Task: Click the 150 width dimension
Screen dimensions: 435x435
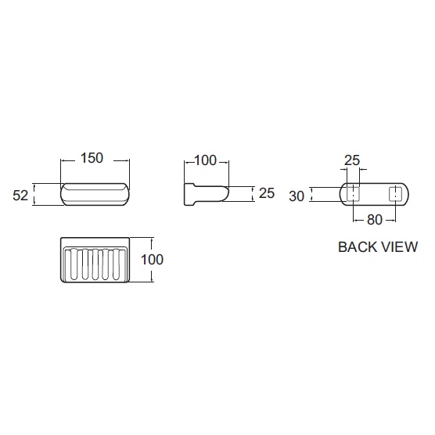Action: click(x=92, y=158)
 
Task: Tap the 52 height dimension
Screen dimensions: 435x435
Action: click(x=20, y=196)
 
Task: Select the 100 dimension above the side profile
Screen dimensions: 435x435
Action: click(x=205, y=160)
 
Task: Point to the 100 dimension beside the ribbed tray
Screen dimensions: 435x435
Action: click(x=152, y=260)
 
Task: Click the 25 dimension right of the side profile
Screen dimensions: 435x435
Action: click(x=267, y=193)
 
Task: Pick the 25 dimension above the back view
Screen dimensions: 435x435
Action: click(x=352, y=160)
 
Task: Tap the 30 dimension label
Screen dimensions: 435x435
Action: click(x=297, y=196)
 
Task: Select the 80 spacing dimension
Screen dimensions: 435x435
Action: click(x=375, y=220)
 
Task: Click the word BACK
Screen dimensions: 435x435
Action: click(x=356, y=247)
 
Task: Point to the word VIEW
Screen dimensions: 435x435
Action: click(x=399, y=247)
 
